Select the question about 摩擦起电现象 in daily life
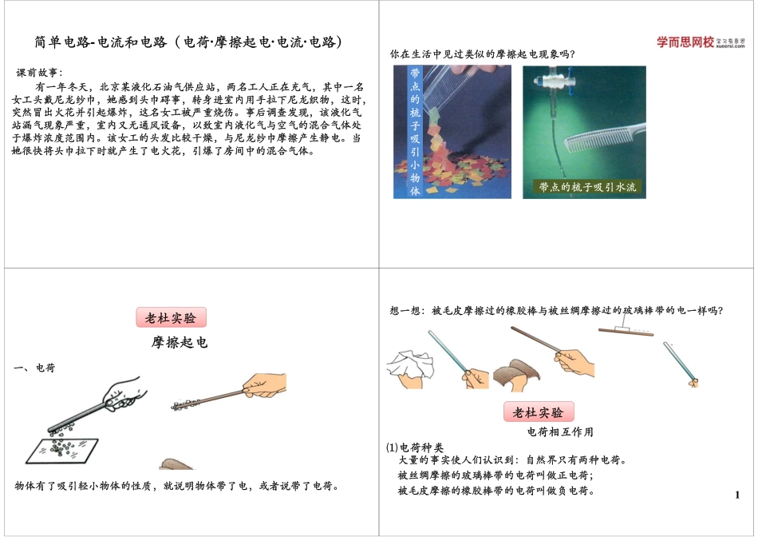(x=482, y=55)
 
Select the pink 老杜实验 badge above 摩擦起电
(x=171, y=317)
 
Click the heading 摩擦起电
(x=180, y=343)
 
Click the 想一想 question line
(x=561, y=311)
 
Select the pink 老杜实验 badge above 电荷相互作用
(x=538, y=412)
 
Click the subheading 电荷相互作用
(x=561, y=432)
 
